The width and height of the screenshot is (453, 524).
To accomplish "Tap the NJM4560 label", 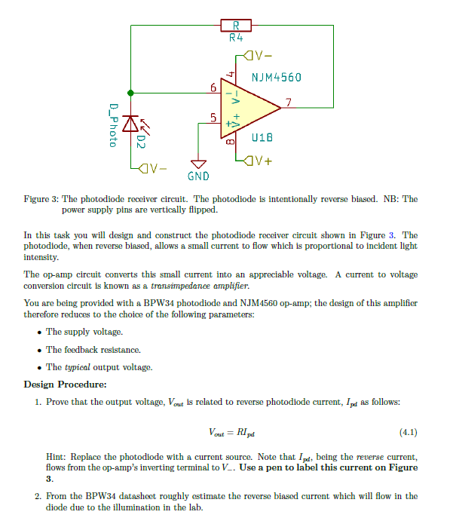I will (x=277, y=78).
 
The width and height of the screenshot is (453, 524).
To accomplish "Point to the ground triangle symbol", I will (x=199, y=164).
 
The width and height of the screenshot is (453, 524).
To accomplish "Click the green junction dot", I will (x=131, y=93).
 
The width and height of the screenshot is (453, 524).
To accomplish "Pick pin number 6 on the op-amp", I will (x=213, y=89).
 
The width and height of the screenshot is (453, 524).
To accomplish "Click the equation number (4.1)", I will (x=407, y=433).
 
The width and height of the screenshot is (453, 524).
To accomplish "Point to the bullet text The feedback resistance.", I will (x=93, y=350).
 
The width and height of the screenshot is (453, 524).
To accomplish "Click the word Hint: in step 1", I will (x=59, y=457).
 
